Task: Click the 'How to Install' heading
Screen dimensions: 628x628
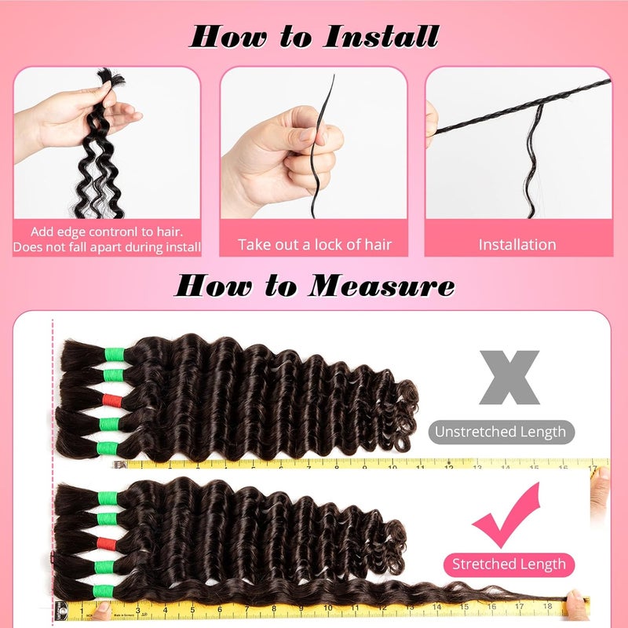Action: click(x=315, y=36)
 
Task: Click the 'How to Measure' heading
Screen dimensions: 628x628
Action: click(x=315, y=286)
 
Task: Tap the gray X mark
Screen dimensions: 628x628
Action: click(x=509, y=378)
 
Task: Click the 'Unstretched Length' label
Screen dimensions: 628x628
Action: click(x=501, y=432)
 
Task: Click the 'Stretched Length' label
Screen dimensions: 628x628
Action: click(x=509, y=564)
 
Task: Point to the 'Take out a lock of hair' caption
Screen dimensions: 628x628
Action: click(x=315, y=245)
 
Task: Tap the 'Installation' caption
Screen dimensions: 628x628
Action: click(x=517, y=245)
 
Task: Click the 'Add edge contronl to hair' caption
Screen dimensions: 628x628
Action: click(x=107, y=232)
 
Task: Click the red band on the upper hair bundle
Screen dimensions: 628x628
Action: click(x=112, y=400)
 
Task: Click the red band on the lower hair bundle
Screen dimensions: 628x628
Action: click(x=107, y=543)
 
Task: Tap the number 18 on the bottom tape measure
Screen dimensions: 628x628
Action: click(x=547, y=606)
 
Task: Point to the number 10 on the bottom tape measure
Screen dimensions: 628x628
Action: click(x=328, y=608)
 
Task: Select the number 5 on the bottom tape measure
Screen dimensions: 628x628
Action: click(x=192, y=610)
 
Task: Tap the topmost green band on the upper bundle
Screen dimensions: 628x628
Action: click(x=115, y=355)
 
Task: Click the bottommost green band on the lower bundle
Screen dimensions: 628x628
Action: click(x=104, y=592)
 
